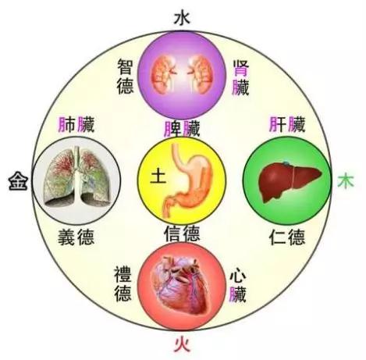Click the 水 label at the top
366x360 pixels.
[x=182, y=18]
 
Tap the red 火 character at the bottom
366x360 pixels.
[x=182, y=344]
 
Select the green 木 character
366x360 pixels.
[x=346, y=181]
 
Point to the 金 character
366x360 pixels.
[x=18, y=181]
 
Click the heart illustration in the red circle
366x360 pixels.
[x=182, y=285]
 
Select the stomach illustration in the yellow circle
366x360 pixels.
[x=187, y=181]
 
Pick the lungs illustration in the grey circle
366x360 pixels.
[x=76, y=177]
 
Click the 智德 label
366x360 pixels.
[x=126, y=77]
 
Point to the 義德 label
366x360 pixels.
[x=76, y=237]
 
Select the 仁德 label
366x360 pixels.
[x=287, y=237]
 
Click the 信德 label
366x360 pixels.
[x=182, y=233]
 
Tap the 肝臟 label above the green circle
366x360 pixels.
[x=287, y=124]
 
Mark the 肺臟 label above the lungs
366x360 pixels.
[x=76, y=124]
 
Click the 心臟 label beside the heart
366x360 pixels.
[x=237, y=286]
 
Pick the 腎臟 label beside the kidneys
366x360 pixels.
[x=240, y=77]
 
